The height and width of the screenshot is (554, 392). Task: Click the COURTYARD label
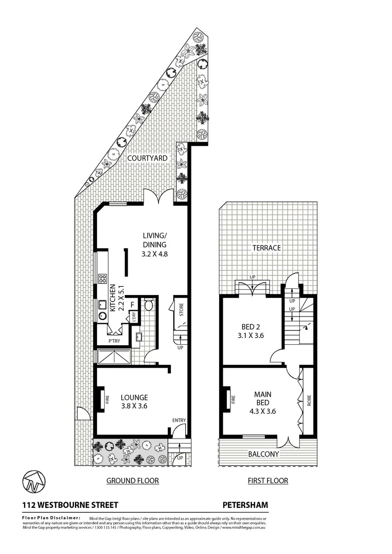click(147, 159)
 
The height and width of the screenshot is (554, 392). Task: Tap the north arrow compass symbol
click(33, 481)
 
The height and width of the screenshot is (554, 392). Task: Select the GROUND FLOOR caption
click(132, 481)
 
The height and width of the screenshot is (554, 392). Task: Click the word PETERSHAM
click(245, 505)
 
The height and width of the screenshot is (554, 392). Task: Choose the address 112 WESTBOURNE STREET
click(70, 505)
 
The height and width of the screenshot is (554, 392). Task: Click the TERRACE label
click(266, 248)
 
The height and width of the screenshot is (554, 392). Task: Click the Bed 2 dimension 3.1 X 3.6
click(251, 336)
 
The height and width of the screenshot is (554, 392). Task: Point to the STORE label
click(181, 310)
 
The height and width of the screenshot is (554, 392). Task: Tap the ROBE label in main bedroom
click(309, 400)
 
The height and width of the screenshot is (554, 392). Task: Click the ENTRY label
click(179, 421)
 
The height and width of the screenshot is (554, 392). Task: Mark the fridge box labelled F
click(132, 304)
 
